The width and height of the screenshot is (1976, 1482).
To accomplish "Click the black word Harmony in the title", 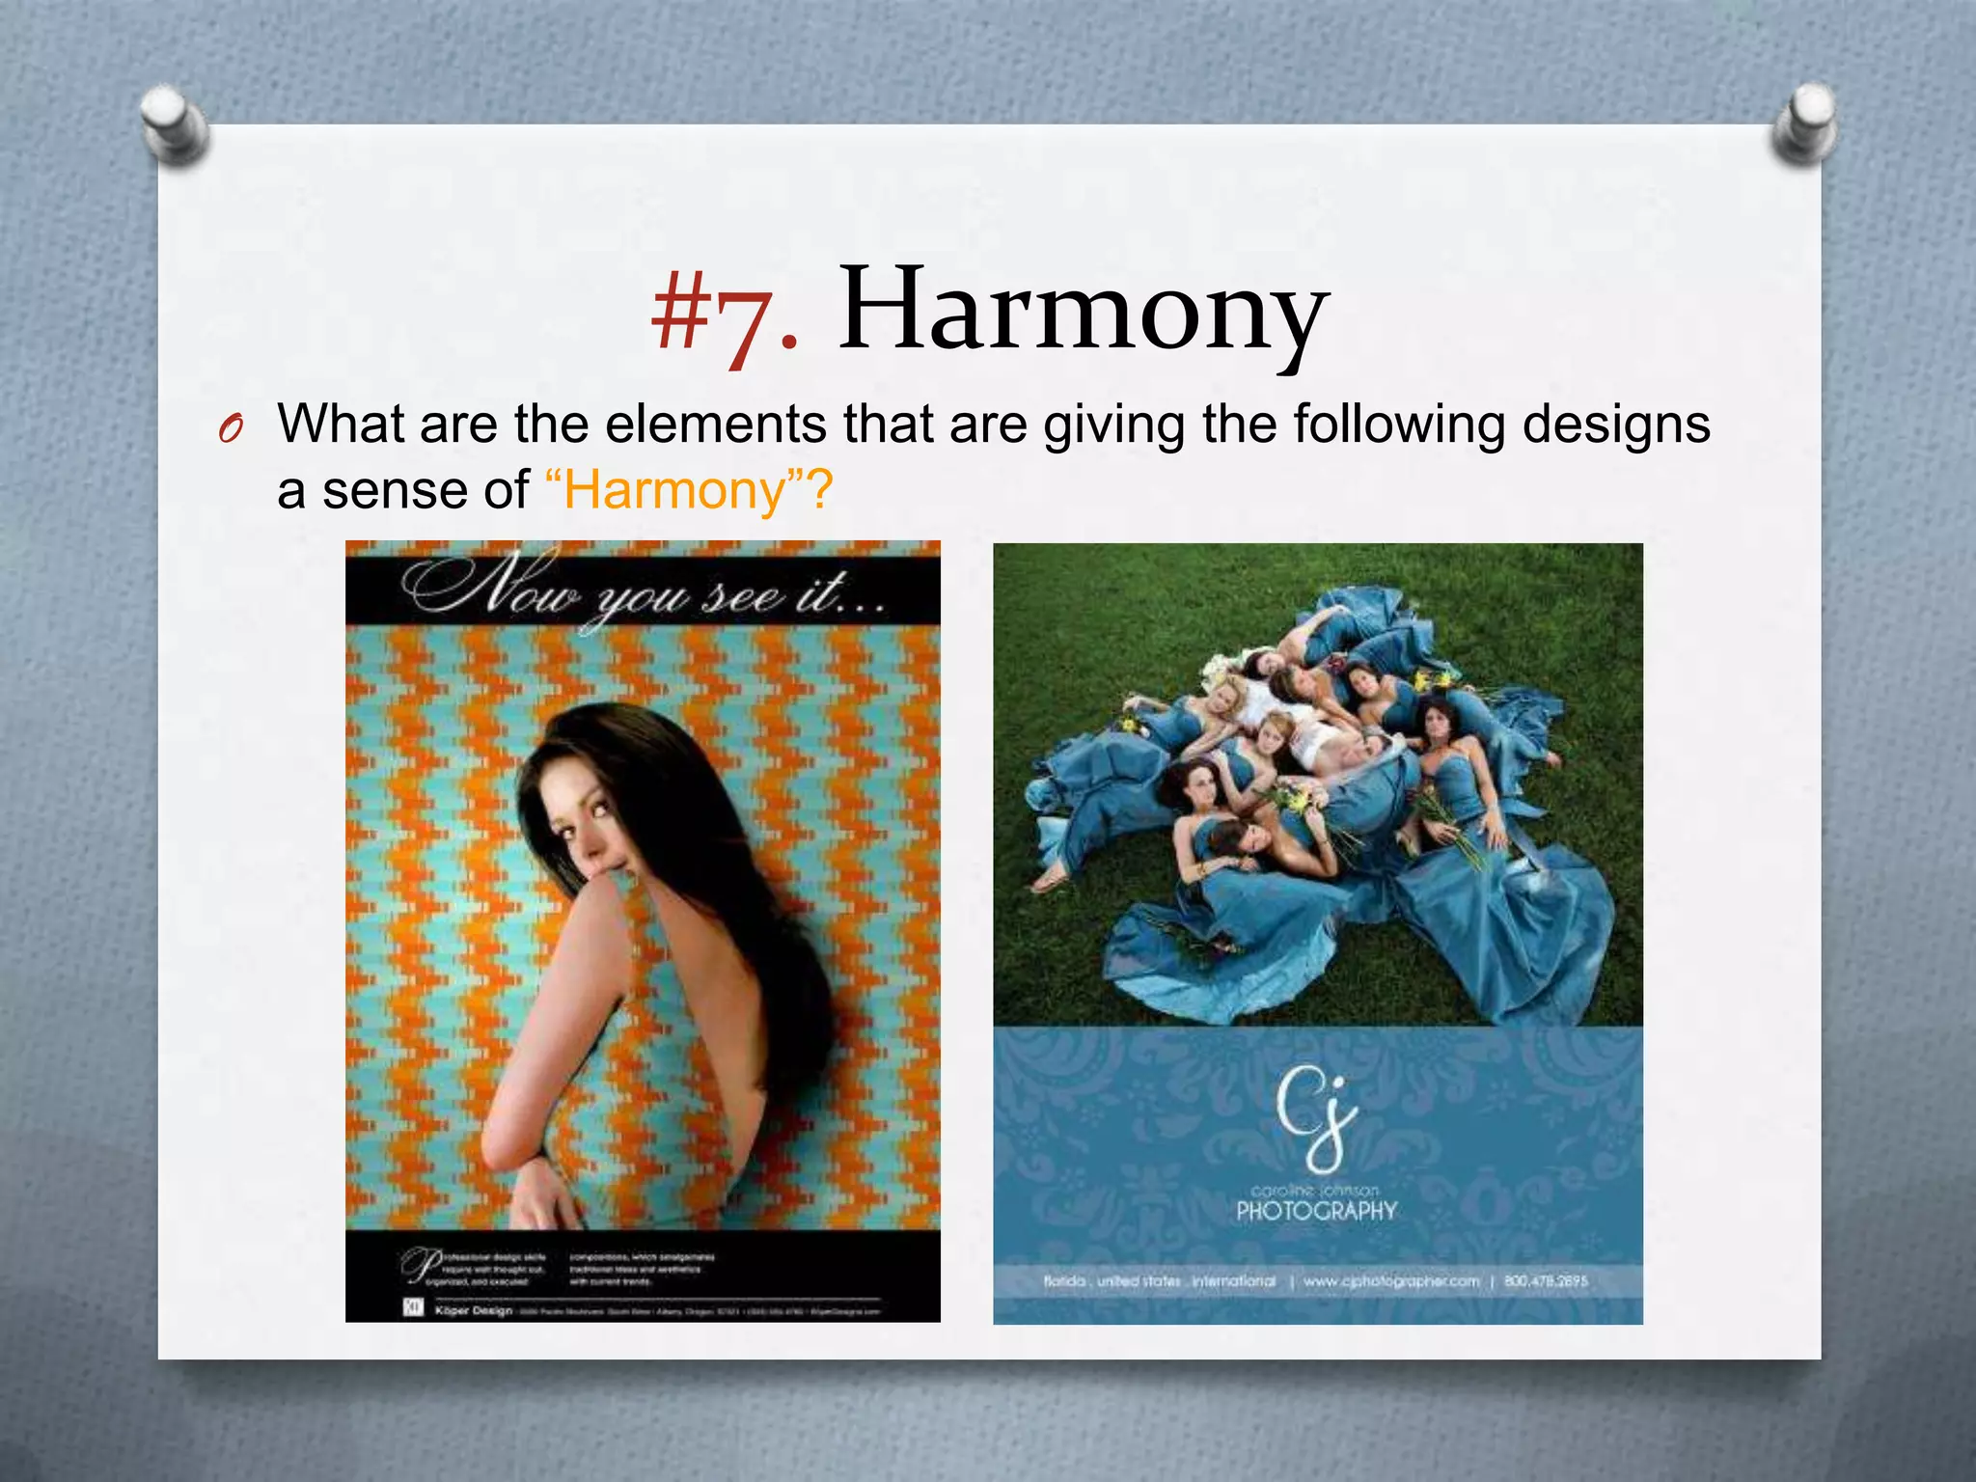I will (x=1083, y=311).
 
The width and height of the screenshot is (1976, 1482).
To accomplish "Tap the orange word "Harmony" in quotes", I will (x=675, y=490).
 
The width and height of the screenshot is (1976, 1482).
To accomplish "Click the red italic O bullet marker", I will (x=229, y=429).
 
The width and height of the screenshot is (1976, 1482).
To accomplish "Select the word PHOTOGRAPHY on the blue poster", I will (x=1316, y=1211).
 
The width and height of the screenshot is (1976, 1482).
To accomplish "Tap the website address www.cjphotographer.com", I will (x=1390, y=1281).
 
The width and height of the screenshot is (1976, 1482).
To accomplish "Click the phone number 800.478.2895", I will (x=1546, y=1281).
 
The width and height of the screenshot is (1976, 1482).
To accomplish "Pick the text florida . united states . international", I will (x=1159, y=1281).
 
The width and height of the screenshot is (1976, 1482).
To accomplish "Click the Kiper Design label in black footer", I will (x=473, y=1310).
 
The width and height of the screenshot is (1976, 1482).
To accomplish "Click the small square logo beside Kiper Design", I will (x=412, y=1308).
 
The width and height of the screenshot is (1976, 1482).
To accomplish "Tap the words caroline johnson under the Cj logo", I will (x=1316, y=1191).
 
